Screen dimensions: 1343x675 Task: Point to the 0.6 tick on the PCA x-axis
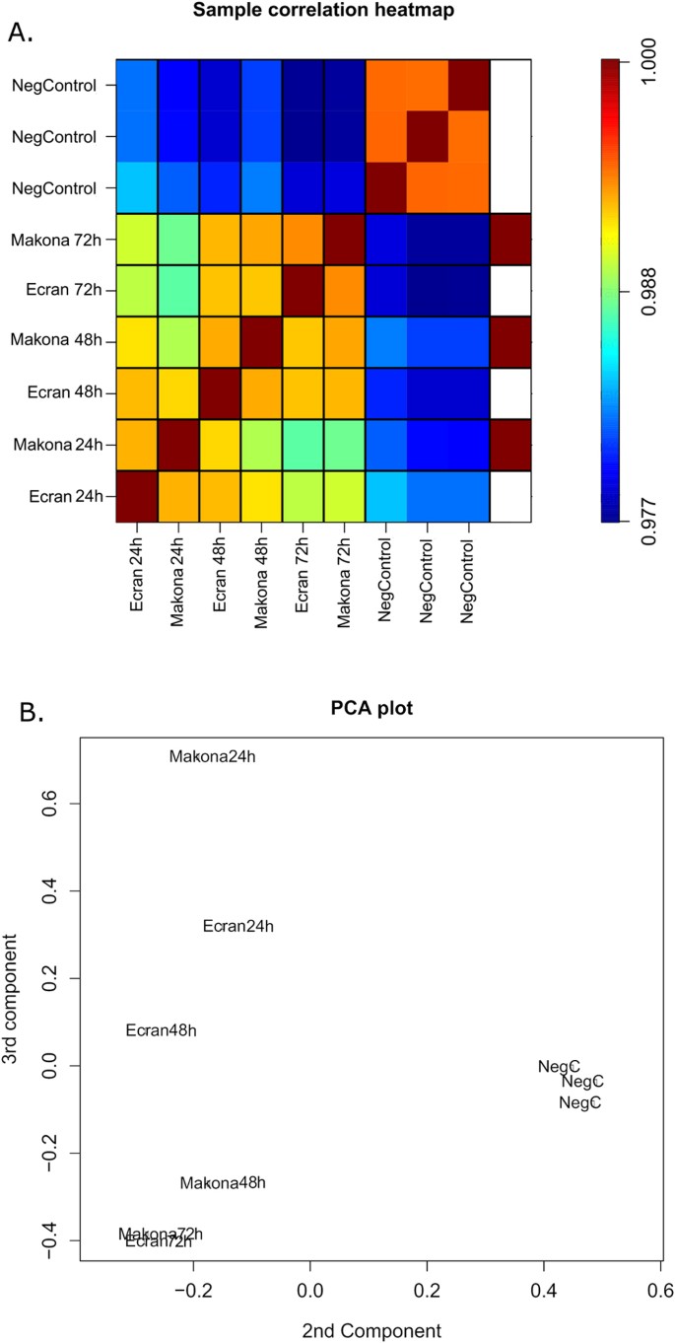coord(659,1290)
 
